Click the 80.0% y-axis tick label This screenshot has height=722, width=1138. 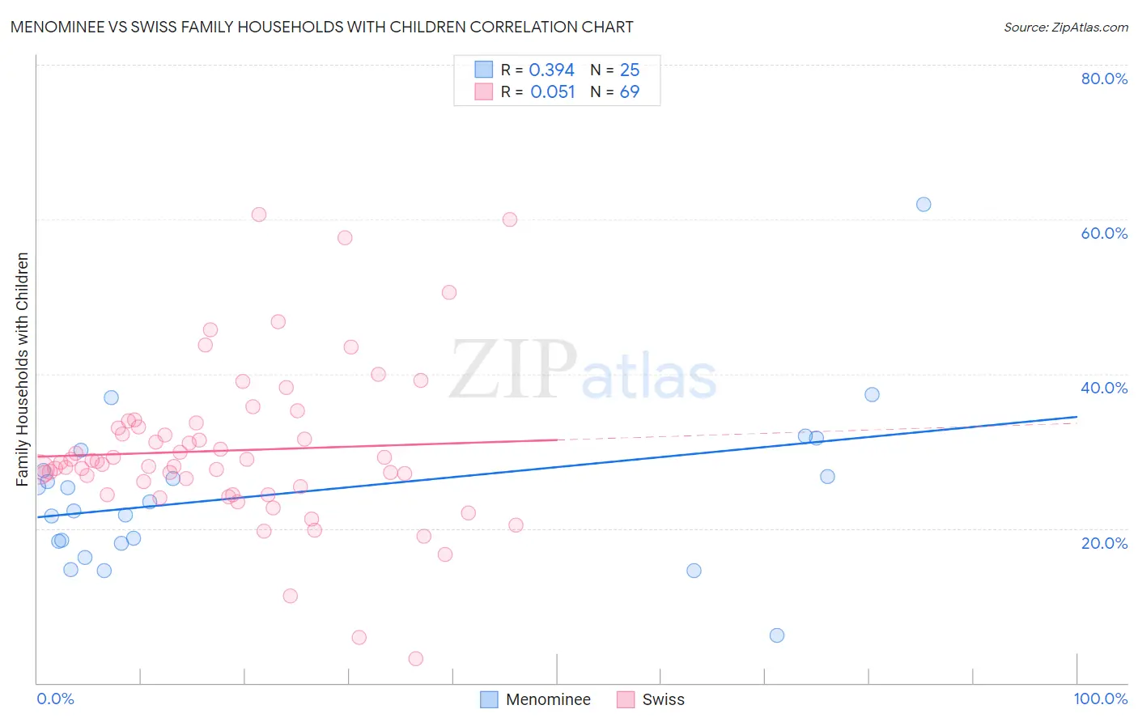coord(1104,79)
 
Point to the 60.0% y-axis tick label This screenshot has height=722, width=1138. coord(1104,233)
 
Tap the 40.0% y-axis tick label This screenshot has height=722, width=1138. coord(1104,388)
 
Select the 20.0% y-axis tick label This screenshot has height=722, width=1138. coord(1104,543)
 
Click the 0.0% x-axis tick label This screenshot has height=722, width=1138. coord(55,699)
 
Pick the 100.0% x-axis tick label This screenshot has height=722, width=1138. coord(1100,699)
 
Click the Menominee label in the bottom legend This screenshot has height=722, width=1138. coord(548,699)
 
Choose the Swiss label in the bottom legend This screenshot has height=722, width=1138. coord(663,699)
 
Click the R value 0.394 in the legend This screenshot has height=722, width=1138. coord(551,70)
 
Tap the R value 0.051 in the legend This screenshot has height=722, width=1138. coord(552,92)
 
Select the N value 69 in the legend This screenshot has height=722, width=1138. coord(630,92)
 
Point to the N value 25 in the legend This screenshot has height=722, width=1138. coord(630,70)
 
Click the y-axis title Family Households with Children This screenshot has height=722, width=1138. coord(23,369)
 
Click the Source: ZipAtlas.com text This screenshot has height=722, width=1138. coord(1066,28)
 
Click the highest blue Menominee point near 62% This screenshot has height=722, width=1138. coord(924,204)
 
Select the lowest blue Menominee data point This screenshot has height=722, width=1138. coord(777,635)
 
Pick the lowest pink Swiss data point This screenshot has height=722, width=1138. coord(416,659)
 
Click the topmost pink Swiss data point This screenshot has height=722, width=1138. coord(259,214)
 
